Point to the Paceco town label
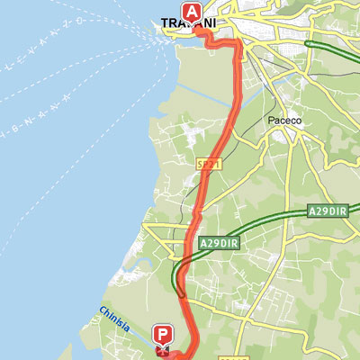click(282, 121)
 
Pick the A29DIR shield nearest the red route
click(216, 243)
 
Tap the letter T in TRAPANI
click(165, 23)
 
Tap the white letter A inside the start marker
click(192, 11)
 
